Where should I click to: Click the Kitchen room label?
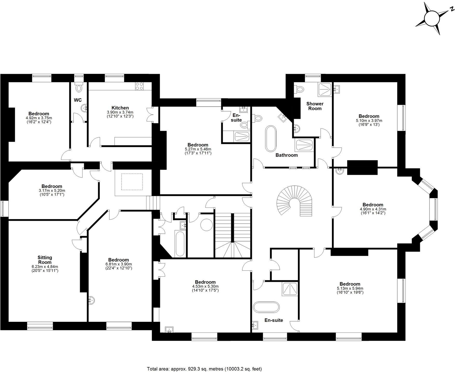tap(120, 108)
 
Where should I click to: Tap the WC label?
tap(78, 100)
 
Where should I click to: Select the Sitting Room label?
tap(45, 260)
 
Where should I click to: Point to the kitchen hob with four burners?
tap(139, 86)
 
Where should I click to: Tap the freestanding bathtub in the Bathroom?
tap(271, 139)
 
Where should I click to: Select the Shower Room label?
tap(315, 106)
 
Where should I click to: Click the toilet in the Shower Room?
tap(299, 90)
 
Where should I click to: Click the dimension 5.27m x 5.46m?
tap(198, 149)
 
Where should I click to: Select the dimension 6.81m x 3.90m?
tap(118, 264)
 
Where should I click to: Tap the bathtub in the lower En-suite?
tap(266, 307)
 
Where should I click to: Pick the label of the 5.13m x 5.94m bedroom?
tap(350, 284)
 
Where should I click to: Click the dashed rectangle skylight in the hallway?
tap(132, 182)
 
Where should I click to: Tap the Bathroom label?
tap(286, 155)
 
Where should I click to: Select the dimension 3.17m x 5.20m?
tap(52, 191)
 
